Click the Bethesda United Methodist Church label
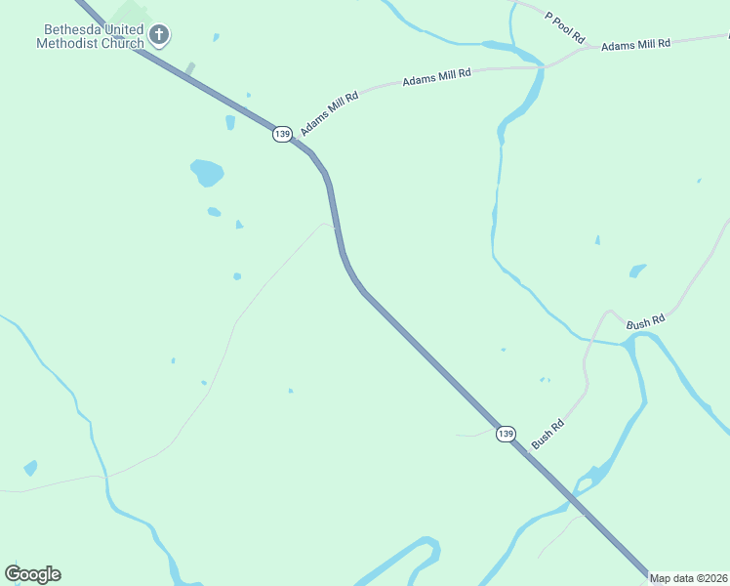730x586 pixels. point(90,37)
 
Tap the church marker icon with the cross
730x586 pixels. point(159,37)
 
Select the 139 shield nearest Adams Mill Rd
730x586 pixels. point(282,134)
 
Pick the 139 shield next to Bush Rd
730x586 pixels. point(505,433)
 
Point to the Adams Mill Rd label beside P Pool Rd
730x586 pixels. point(636,45)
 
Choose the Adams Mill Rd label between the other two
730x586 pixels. point(436,77)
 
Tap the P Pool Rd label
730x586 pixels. point(565,27)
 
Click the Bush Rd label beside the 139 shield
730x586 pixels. point(547,435)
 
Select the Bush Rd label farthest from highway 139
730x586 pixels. point(645,321)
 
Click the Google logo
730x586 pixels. point(32,574)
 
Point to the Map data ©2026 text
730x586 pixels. point(689,578)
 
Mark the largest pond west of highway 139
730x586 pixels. point(207,173)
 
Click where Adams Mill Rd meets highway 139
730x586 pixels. point(293,137)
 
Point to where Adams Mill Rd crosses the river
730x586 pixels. point(537,67)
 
